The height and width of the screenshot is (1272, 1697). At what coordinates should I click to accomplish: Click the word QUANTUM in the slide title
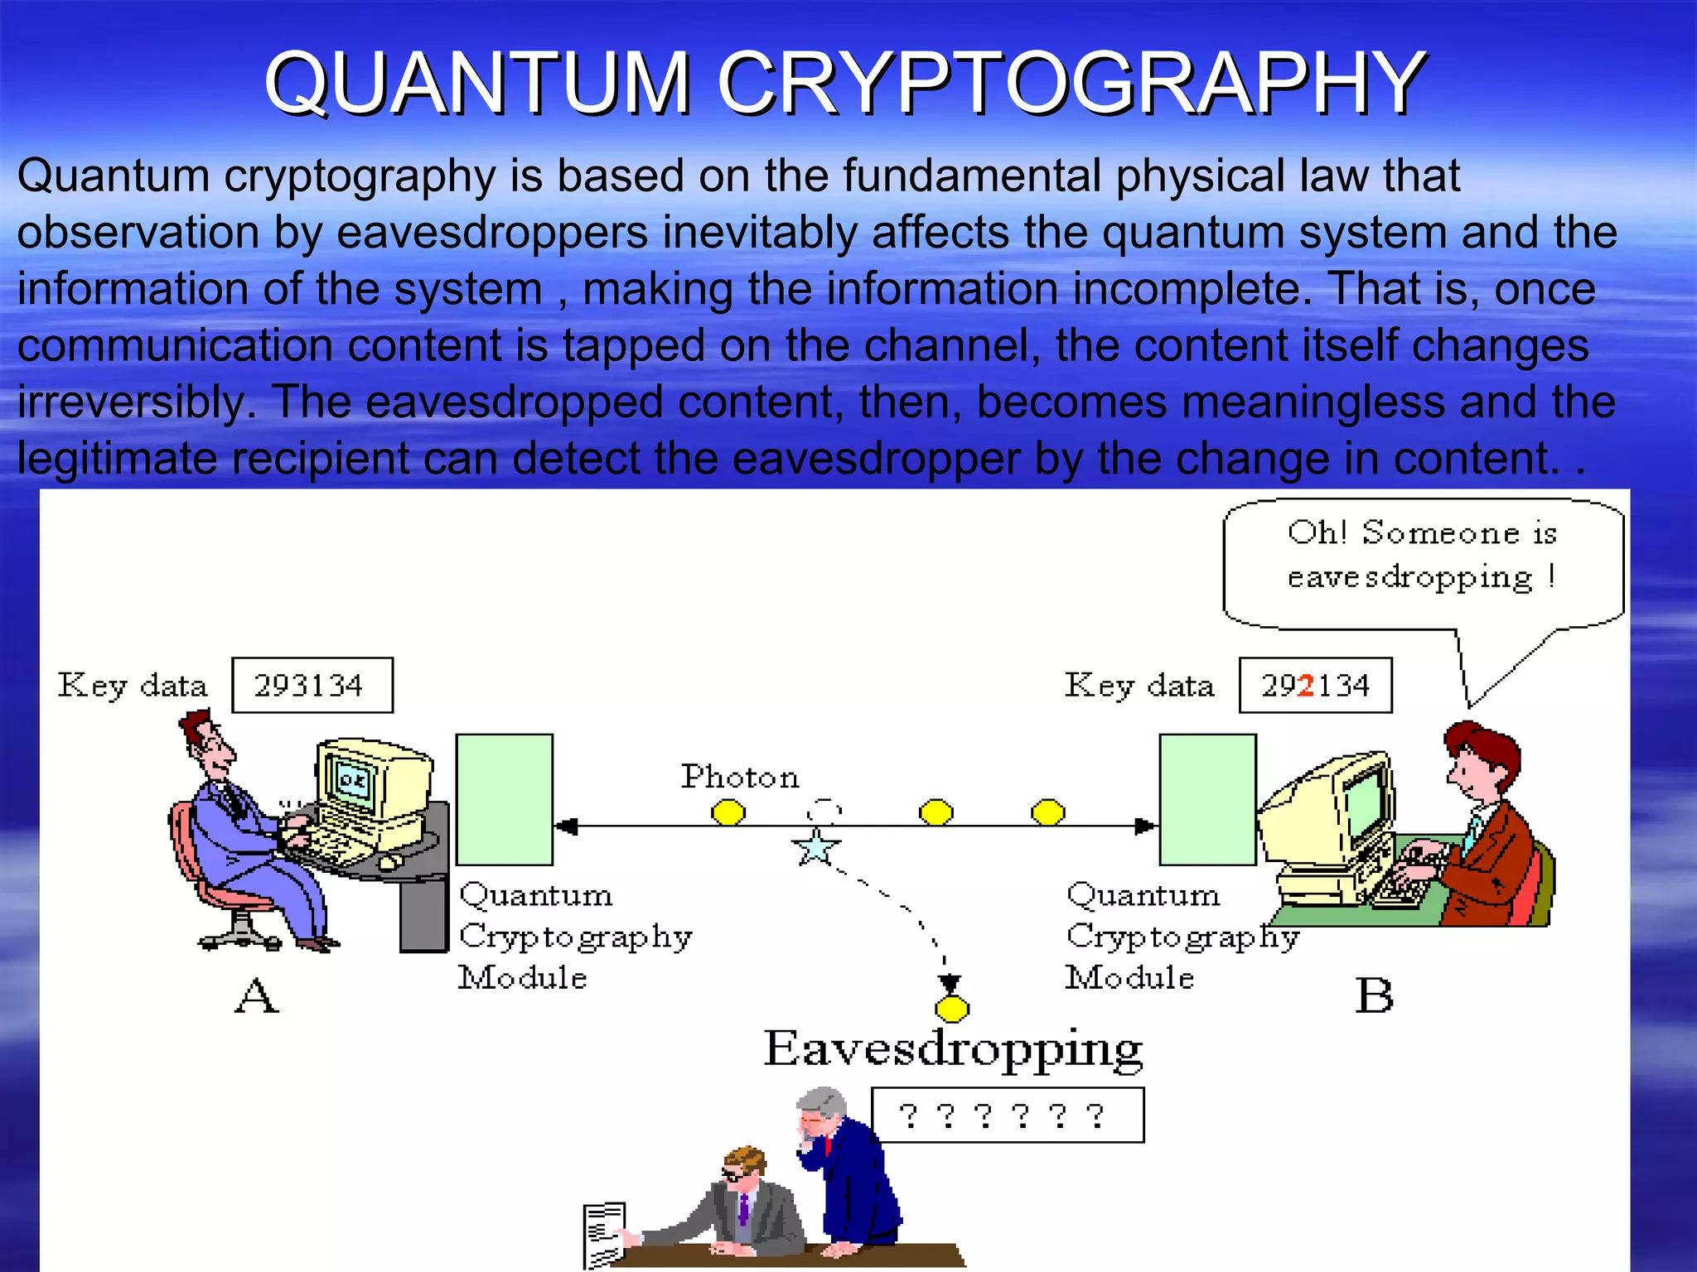pos(477,83)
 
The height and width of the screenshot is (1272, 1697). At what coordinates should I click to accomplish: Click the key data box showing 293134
pos(312,686)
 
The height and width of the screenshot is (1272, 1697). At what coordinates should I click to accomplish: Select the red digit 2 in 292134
pos(1306,686)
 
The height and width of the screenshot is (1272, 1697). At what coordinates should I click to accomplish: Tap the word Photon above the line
pos(740,778)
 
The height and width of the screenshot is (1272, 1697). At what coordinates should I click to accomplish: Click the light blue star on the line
pos(816,848)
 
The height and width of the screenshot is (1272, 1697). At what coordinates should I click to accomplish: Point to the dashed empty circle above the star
pos(824,809)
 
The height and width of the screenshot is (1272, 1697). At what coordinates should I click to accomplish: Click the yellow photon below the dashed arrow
pos(951,1009)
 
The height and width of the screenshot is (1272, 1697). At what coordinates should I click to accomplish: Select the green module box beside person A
pos(505,799)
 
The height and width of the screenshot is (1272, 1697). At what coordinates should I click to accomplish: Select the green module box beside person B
pos(1207,799)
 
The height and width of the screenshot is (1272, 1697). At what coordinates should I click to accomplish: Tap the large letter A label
pos(256,995)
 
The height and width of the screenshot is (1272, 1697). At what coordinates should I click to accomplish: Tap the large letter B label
pos(1374,995)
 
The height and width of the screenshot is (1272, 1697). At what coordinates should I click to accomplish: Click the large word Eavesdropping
pos(953,1049)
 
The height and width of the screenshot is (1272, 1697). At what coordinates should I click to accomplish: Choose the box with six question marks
pos(1007,1116)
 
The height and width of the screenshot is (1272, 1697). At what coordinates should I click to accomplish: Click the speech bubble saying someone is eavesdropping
pos(1422,563)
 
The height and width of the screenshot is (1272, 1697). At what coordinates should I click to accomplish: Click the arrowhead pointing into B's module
pos(1146,826)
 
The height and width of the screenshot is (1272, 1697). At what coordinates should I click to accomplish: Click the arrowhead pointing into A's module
pos(566,826)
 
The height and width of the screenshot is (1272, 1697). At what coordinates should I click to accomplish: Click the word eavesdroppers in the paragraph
pos(492,233)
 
